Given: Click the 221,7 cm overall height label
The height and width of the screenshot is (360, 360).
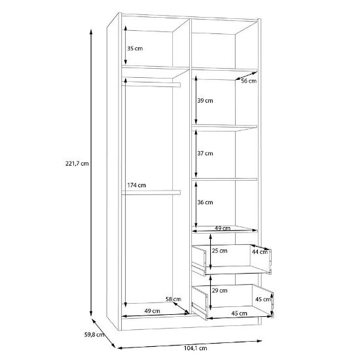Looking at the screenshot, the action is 77,164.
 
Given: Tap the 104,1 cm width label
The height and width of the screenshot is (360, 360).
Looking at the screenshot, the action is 196,348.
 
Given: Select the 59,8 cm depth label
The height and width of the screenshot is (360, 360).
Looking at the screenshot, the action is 94,334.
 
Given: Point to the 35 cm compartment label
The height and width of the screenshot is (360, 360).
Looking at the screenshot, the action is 135,48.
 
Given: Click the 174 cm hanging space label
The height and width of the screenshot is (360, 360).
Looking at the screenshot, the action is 137,185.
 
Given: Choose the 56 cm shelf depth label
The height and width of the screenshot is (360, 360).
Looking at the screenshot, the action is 249,81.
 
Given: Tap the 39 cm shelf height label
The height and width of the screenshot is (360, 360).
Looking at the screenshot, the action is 205,101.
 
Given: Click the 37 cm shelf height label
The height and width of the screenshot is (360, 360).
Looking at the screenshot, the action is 205,153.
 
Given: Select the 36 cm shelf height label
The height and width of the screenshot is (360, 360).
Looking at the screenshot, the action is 205,202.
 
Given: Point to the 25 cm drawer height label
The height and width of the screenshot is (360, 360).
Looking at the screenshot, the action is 219,251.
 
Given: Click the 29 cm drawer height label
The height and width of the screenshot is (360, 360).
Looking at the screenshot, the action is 219,291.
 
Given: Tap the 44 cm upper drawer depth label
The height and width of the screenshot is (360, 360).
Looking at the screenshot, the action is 260,252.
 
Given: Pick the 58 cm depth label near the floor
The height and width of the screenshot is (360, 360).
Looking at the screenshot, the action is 173,299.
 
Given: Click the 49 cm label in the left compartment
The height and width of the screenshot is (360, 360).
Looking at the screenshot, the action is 153,311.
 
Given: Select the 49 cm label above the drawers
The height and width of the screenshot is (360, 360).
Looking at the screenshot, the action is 223,228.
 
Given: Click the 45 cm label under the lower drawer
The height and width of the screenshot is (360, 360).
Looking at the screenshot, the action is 239,314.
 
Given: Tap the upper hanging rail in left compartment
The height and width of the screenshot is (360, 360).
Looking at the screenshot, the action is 151,84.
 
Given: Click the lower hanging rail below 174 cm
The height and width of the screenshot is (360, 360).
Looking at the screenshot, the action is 151,192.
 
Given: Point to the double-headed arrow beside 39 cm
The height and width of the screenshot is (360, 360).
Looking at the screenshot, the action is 196,100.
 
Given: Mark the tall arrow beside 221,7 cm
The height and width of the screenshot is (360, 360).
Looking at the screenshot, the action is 91,173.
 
